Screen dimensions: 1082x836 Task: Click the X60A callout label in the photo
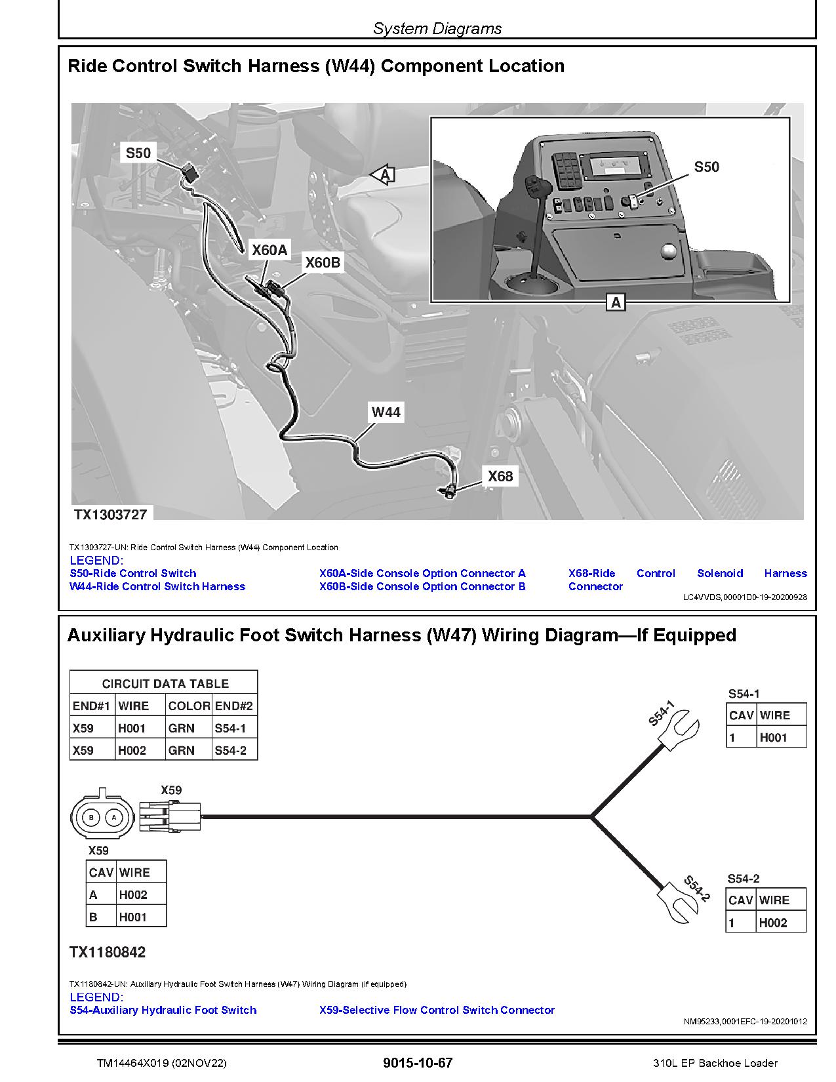(270, 250)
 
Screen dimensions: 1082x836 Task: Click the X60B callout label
(323, 262)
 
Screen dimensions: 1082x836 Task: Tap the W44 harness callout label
(386, 412)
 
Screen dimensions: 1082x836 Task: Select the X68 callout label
(500, 476)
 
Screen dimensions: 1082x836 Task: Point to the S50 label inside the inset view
(706, 167)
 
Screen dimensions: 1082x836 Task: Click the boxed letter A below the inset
(616, 302)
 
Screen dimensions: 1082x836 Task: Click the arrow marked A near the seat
(384, 174)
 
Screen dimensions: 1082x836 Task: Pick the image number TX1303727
(110, 514)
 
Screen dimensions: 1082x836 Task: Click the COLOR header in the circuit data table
(188, 706)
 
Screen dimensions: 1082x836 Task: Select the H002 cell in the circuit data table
(132, 750)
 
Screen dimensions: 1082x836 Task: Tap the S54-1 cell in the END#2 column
(230, 728)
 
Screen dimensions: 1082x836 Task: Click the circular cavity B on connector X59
(92, 817)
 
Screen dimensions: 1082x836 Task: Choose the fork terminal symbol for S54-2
(677, 902)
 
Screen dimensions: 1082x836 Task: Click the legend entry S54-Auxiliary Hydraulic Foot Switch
(163, 1010)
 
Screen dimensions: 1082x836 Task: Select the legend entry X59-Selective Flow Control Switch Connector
(437, 1010)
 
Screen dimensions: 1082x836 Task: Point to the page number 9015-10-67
(418, 1063)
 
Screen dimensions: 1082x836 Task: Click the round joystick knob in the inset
(668, 251)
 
